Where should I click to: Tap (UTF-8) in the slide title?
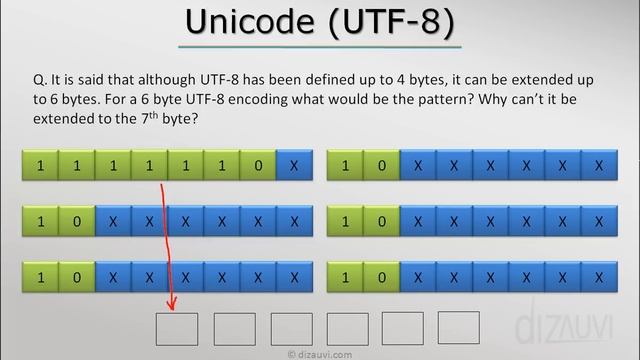(389, 23)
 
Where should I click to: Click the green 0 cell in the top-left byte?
(257, 165)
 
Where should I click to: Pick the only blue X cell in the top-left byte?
(293, 165)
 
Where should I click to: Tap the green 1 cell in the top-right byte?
(345, 165)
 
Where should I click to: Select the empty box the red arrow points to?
(176, 328)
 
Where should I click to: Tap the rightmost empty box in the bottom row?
(459, 327)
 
